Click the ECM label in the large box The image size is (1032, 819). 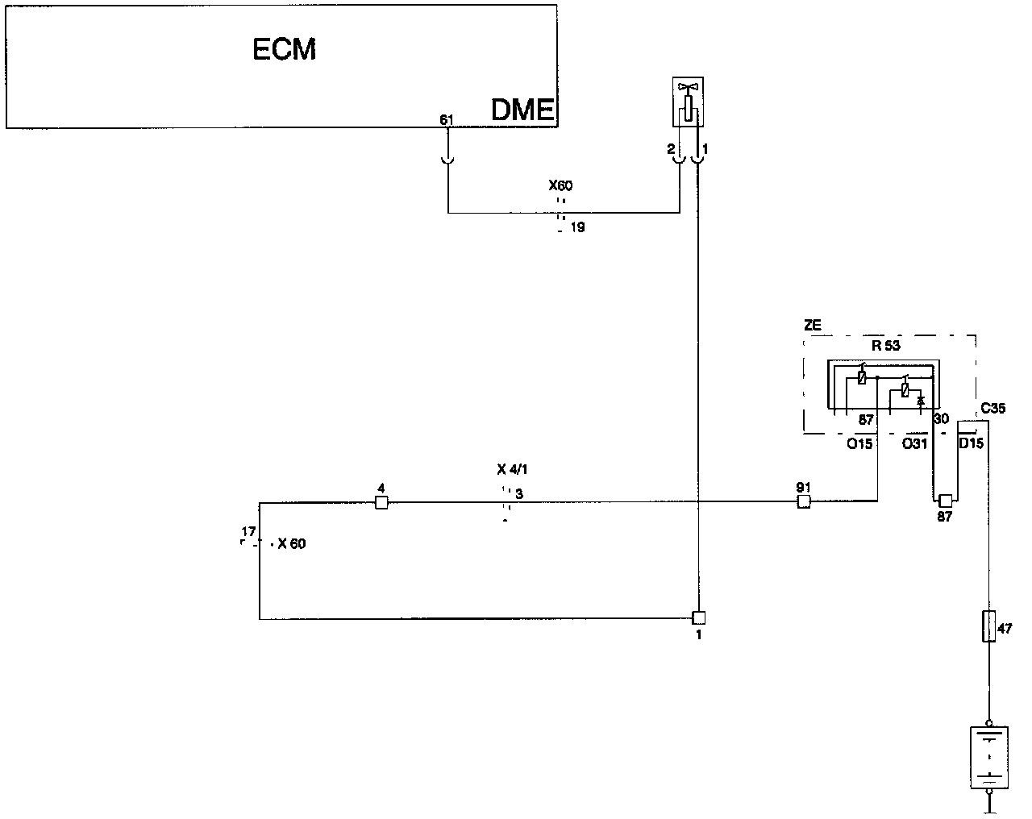coord(285,50)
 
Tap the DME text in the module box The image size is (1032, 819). coord(522,110)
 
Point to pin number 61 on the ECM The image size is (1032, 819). coord(447,120)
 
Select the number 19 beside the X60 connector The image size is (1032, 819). coord(577,227)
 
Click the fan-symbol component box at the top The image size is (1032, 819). coord(688,102)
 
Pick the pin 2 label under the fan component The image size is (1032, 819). coord(671,149)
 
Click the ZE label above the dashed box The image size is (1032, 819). coord(813,325)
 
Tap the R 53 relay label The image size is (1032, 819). coord(886,346)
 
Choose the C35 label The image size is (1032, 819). coord(992,409)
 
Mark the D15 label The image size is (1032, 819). coord(971,443)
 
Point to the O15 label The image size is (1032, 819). coord(859,443)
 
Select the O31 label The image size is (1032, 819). coord(914,443)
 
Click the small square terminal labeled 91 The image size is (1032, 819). coord(803,502)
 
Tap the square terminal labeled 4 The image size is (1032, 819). coord(382,503)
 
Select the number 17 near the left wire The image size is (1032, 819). coord(248,532)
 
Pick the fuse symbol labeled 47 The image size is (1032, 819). coord(988,626)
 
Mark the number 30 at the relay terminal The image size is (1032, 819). coord(941,419)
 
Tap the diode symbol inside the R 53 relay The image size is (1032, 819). coord(921,400)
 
